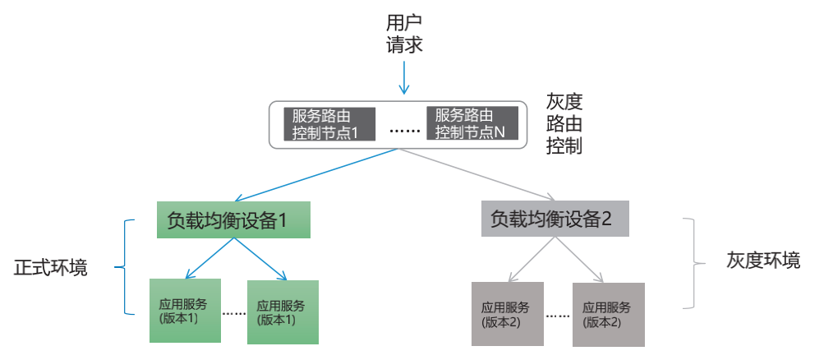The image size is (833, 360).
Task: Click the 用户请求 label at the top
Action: tap(404, 34)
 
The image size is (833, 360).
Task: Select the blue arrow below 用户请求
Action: tap(403, 79)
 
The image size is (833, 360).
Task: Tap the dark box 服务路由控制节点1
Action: tap(328, 123)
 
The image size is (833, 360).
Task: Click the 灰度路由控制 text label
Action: tap(564, 124)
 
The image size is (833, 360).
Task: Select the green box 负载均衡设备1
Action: tap(233, 220)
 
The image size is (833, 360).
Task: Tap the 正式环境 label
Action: tap(51, 268)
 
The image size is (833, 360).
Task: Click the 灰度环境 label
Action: tap(763, 261)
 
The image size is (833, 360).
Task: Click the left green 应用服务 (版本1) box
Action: tap(185, 311)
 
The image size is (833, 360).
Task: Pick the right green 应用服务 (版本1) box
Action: tap(282, 312)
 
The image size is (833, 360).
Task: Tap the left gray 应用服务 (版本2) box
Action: tap(507, 313)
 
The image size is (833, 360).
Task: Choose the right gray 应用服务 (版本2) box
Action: tap(608, 313)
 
